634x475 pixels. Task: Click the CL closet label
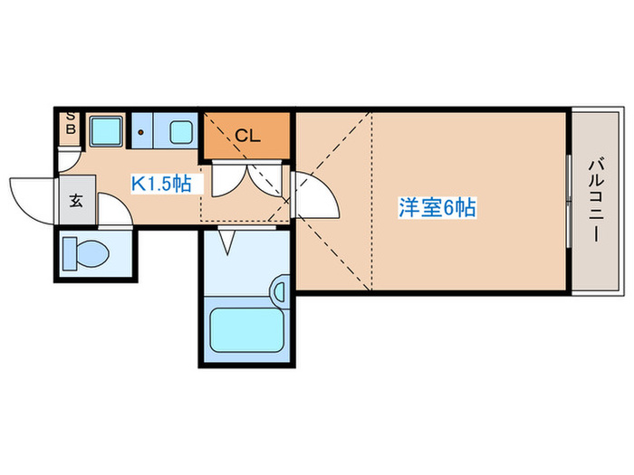[x=247, y=137]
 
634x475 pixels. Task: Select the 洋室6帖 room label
[x=437, y=207]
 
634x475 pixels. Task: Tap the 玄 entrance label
[x=76, y=201]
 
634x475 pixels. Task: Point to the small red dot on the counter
[x=141, y=132]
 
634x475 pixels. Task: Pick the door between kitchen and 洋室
[x=313, y=192]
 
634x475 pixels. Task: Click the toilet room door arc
[x=112, y=209]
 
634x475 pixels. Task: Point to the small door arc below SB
[x=69, y=159]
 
